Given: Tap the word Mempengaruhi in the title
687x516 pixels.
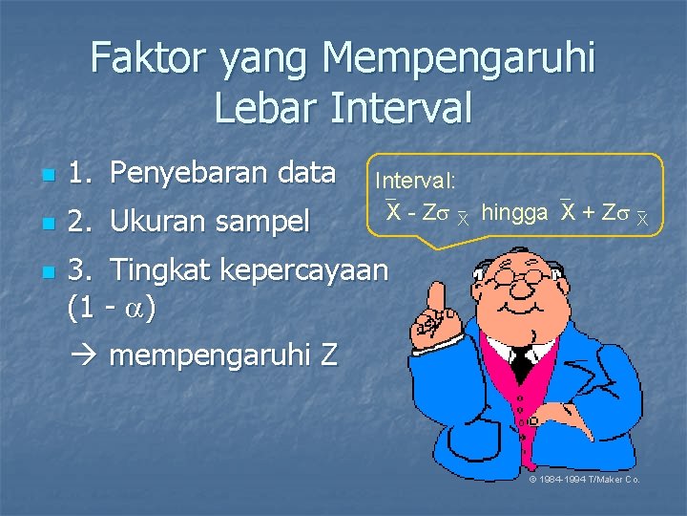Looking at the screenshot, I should (460, 59).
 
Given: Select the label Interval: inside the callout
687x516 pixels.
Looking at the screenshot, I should (415, 180).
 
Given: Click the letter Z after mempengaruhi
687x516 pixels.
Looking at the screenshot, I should (328, 356).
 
